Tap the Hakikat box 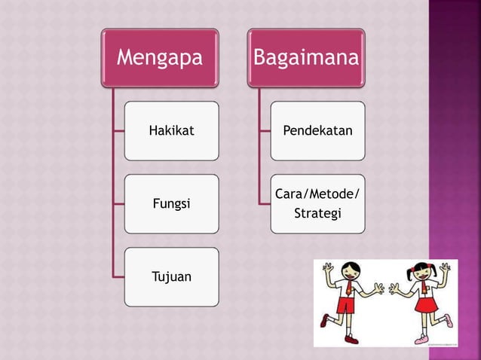172,131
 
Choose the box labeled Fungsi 172,204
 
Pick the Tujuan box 172,277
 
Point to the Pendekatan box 317,131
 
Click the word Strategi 317,214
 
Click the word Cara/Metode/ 317,196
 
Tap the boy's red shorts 345,305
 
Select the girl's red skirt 426,305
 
